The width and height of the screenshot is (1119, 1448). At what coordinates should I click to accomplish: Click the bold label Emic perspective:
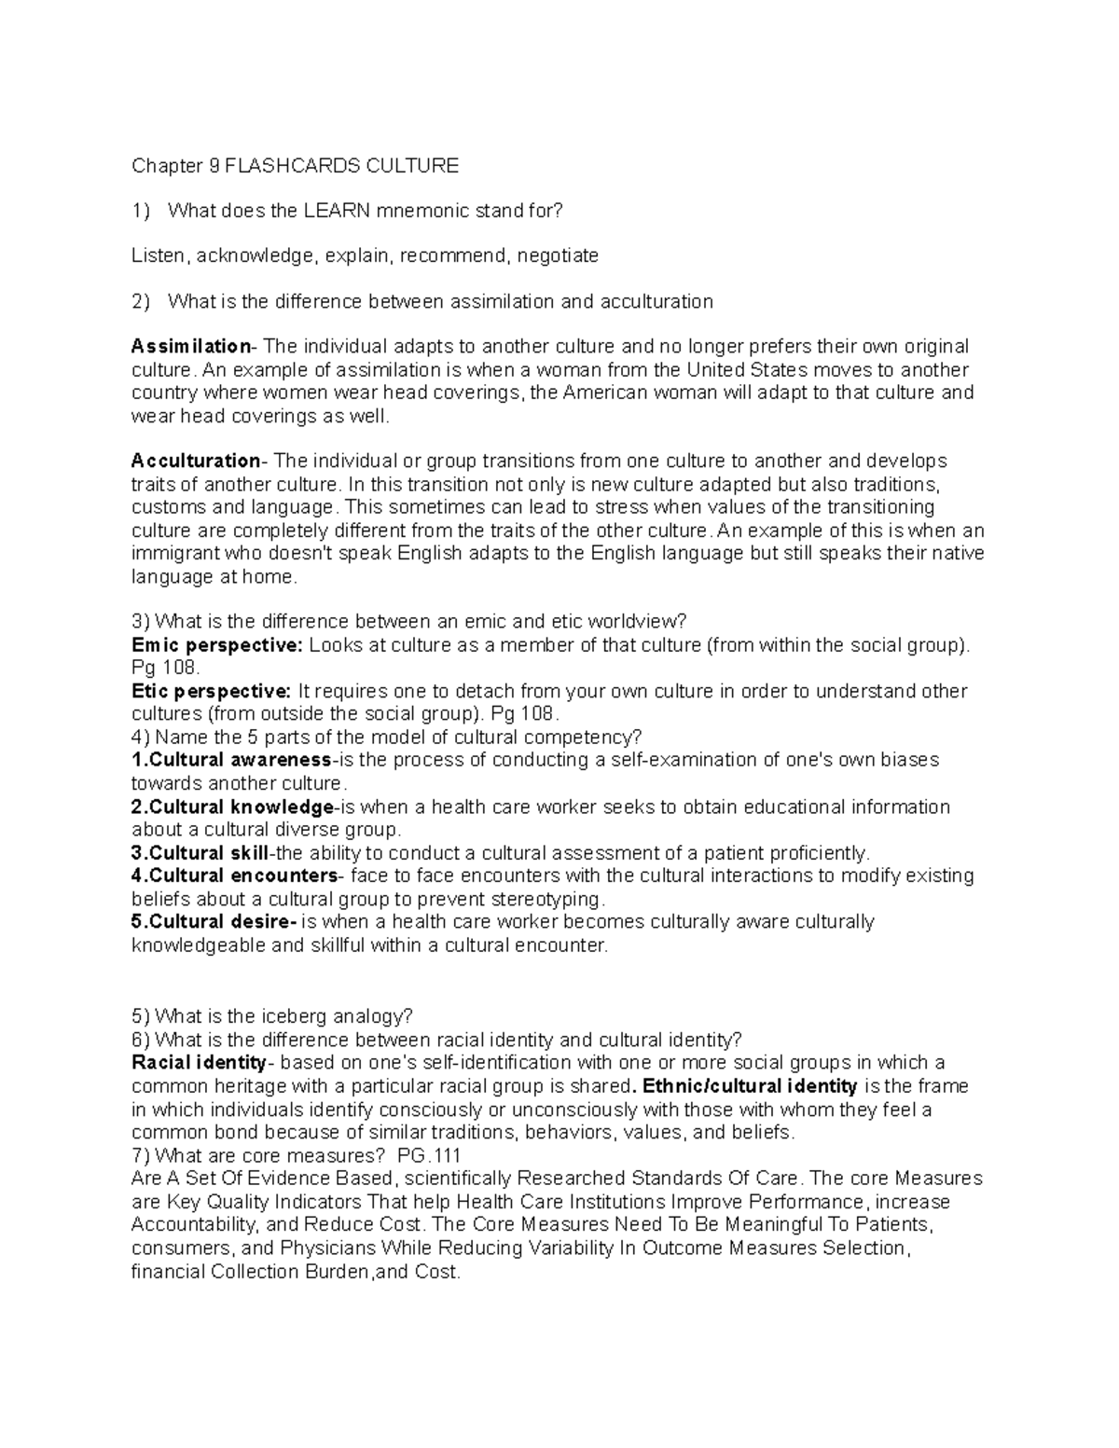click(x=217, y=645)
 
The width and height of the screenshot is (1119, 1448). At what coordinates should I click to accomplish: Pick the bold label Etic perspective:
click(x=212, y=692)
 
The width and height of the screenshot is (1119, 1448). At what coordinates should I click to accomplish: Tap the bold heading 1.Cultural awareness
click(x=231, y=760)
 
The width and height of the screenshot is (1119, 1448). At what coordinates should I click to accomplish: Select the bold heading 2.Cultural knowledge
click(x=233, y=807)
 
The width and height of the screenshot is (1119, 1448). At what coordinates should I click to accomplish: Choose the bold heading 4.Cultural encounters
click(x=236, y=876)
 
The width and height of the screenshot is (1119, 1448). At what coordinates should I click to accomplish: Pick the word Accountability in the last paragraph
click(x=198, y=1224)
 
